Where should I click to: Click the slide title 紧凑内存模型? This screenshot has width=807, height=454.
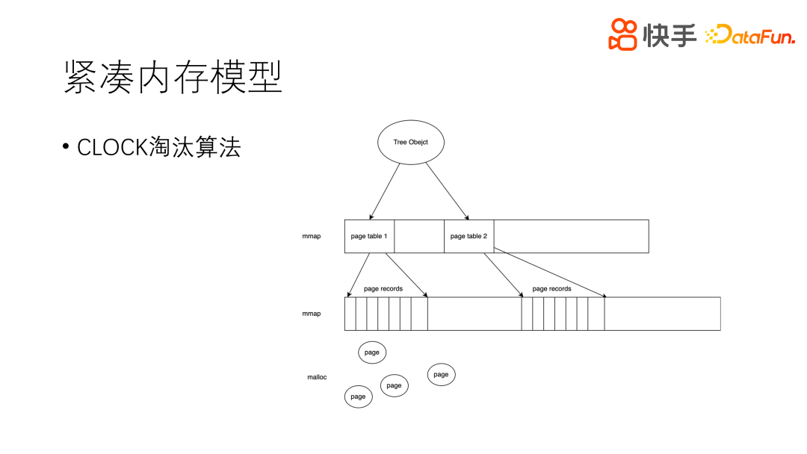(173, 77)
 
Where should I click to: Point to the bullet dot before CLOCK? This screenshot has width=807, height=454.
(67, 147)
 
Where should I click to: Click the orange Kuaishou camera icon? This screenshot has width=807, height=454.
(622, 34)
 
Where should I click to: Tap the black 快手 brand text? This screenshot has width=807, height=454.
(670, 34)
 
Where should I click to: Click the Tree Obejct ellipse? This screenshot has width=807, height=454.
(410, 142)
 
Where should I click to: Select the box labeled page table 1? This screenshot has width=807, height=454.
(369, 236)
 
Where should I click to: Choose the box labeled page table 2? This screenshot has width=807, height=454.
(469, 236)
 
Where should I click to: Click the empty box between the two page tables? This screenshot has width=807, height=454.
(418, 236)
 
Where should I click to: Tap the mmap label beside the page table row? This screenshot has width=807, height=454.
(312, 236)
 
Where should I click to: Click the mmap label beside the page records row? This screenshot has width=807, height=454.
(312, 314)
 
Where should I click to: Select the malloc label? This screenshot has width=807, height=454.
(317, 377)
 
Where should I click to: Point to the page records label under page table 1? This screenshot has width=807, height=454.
(383, 288)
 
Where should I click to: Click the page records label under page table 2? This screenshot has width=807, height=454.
(551, 288)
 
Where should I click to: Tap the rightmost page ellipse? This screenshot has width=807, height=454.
(441, 374)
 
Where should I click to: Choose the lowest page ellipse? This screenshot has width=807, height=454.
(358, 397)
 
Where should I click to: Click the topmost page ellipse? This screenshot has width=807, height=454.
(371, 352)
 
